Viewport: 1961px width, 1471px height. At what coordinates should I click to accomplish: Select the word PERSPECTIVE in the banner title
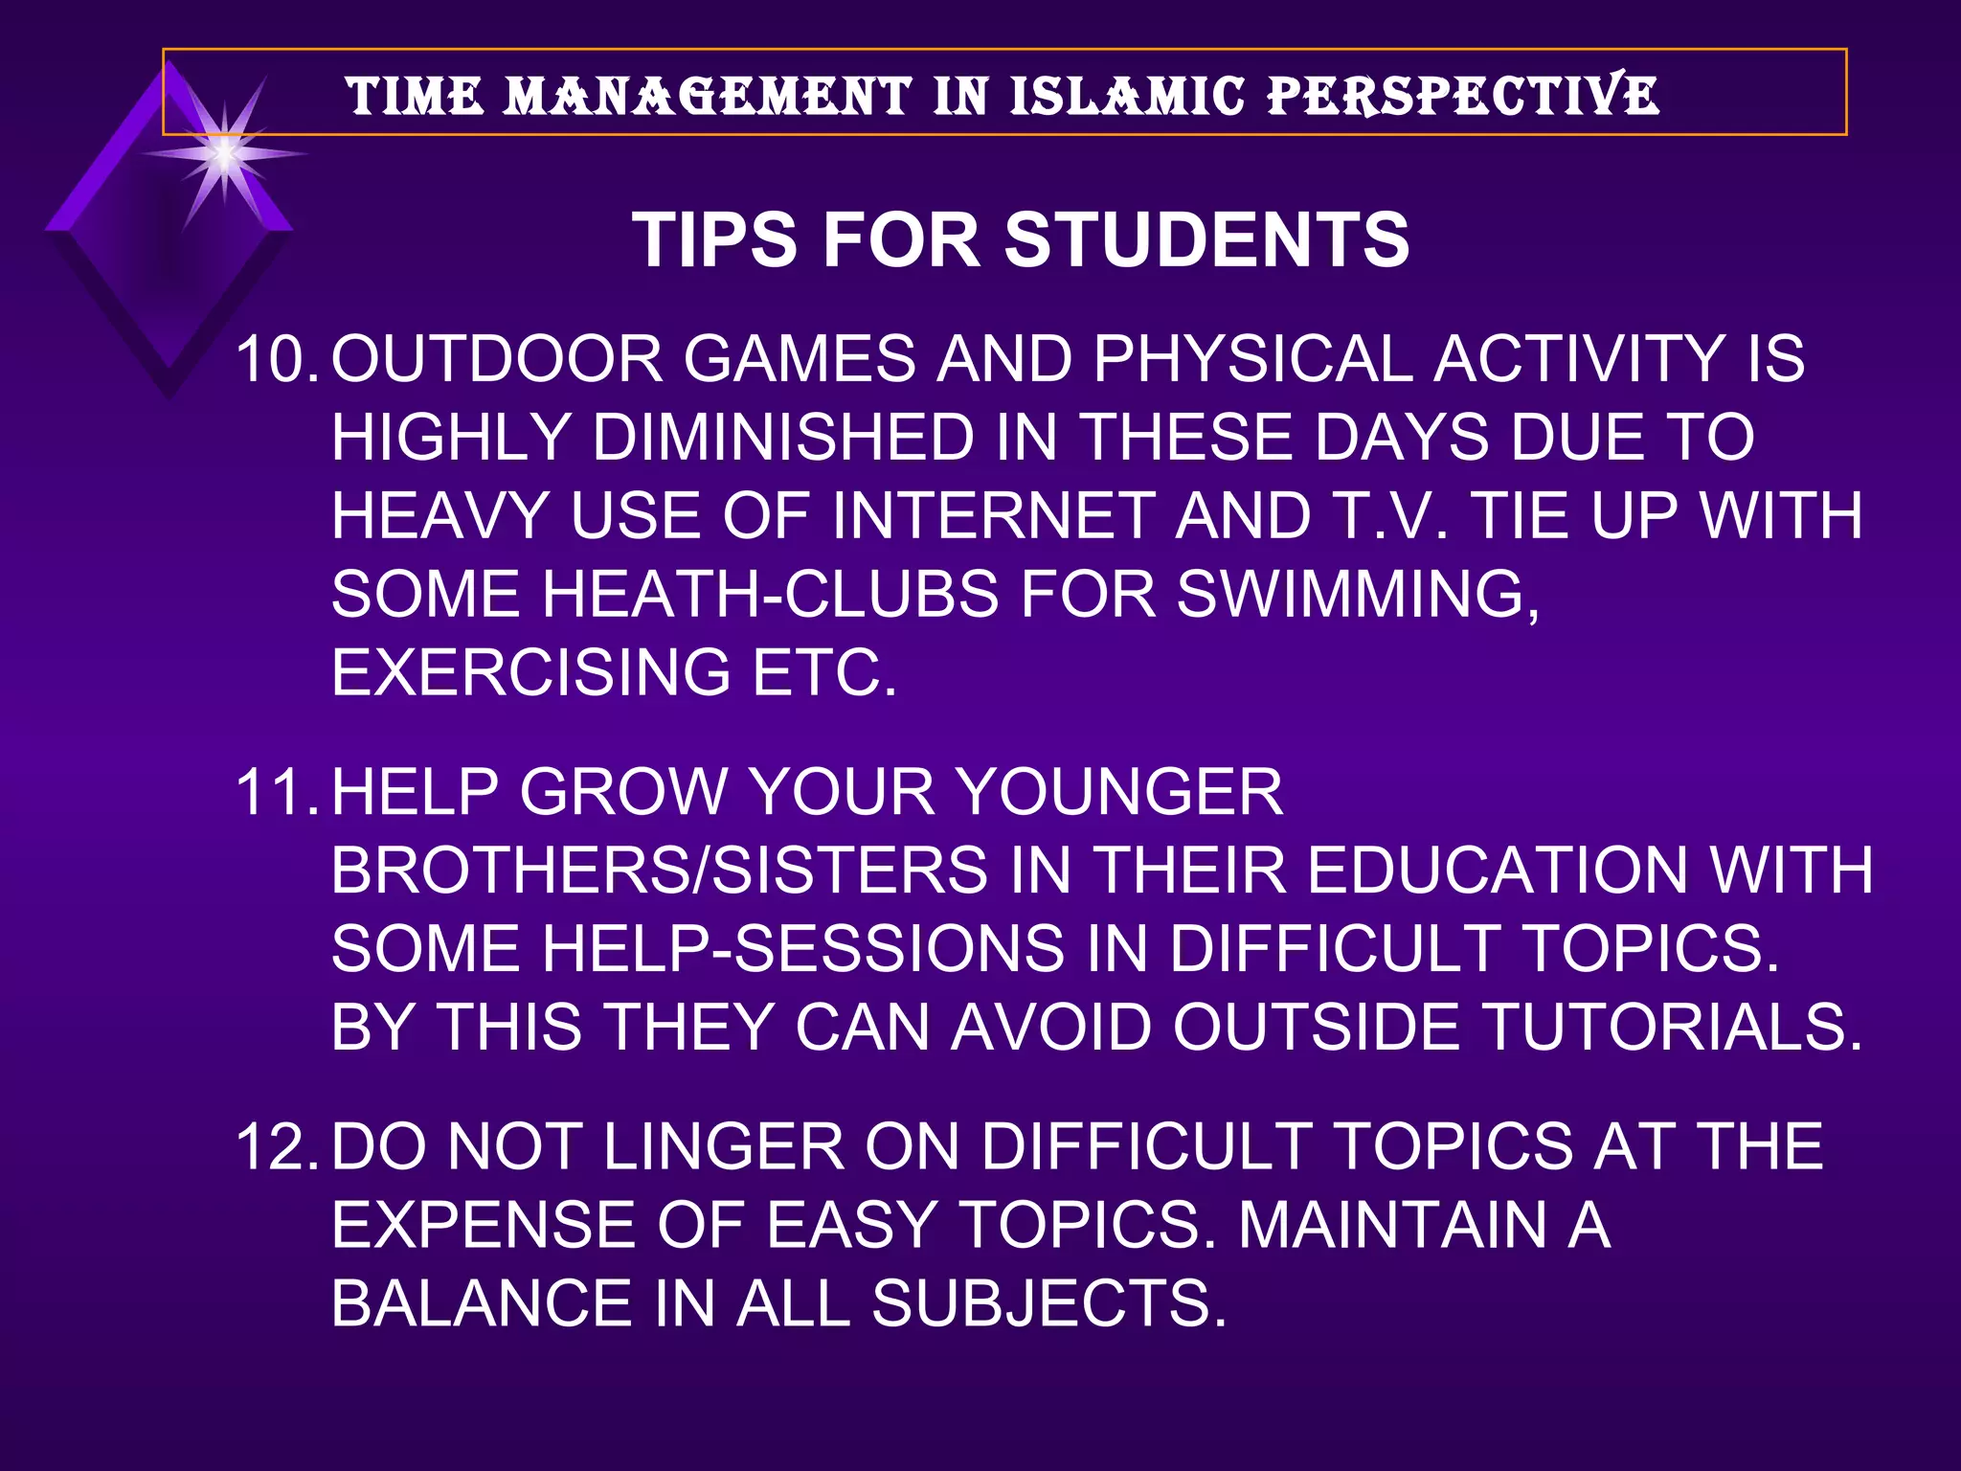[x=1463, y=96]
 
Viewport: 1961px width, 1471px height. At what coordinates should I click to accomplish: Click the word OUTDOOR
[x=497, y=360]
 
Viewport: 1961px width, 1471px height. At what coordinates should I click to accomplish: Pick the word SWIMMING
[x=1357, y=595]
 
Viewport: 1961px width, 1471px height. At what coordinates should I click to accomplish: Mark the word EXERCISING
[x=531, y=673]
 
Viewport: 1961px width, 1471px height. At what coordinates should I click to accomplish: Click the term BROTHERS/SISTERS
[x=659, y=871]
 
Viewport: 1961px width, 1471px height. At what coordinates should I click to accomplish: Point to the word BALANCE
[x=482, y=1304]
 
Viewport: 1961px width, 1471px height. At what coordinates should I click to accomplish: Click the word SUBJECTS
[x=1048, y=1304]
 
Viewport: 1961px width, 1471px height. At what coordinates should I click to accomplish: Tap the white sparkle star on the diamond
[x=224, y=153]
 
